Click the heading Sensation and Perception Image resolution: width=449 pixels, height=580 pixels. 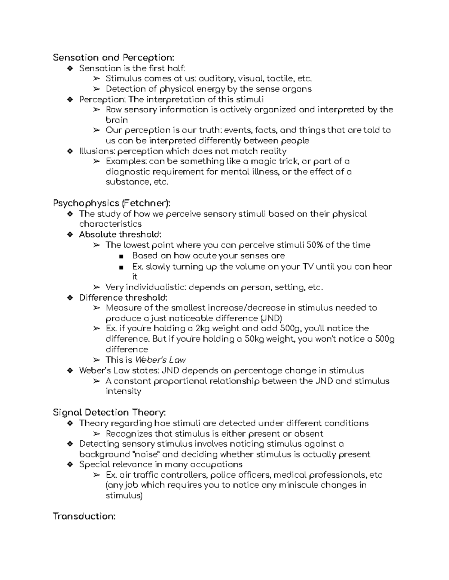tap(113, 58)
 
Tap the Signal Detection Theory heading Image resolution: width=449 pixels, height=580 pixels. tap(109, 413)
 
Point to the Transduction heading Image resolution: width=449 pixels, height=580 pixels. tap(84, 517)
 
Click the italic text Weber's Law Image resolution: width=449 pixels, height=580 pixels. tap(160, 360)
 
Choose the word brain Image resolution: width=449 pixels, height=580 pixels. tap(117, 120)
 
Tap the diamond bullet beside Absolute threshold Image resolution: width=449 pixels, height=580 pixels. tap(70, 235)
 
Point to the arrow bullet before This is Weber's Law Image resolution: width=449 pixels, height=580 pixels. tap(97, 360)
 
